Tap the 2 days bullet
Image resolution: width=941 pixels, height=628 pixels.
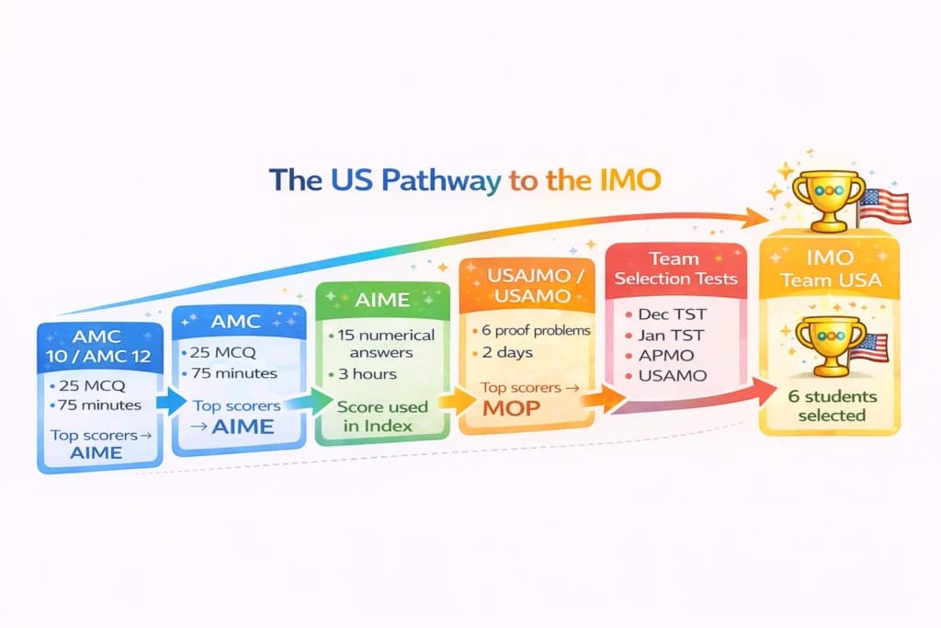(x=508, y=353)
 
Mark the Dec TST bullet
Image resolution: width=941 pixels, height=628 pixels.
(x=674, y=313)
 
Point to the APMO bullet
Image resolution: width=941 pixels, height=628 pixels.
(x=668, y=355)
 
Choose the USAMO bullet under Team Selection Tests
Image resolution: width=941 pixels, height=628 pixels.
(x=673, y=376)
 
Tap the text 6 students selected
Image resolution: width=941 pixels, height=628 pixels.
(x=831, y=405)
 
